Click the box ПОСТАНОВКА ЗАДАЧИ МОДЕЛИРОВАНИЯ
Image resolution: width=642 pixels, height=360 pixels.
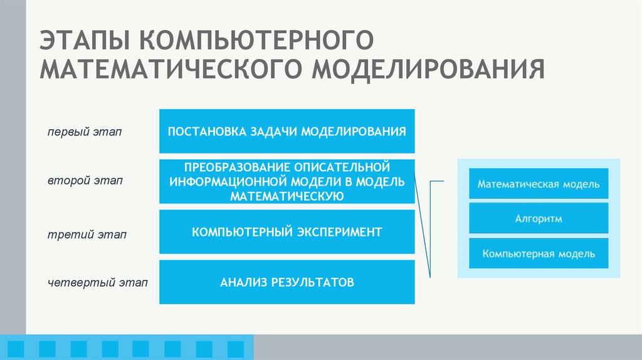[x=287, y=131]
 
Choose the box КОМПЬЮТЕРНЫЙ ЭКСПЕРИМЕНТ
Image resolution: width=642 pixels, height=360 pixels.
[x=287, y=232]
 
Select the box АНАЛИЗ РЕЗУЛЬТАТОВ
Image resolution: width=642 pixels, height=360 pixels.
[x=287, y=282]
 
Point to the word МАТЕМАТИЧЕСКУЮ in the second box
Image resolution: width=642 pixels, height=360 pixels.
[x=287, y=196]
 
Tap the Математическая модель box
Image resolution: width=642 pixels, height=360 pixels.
[x=539, y=184]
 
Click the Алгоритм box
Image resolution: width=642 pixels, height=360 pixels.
[x=539, y=219]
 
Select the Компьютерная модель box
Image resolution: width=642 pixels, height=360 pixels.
[x=539, y=254]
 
